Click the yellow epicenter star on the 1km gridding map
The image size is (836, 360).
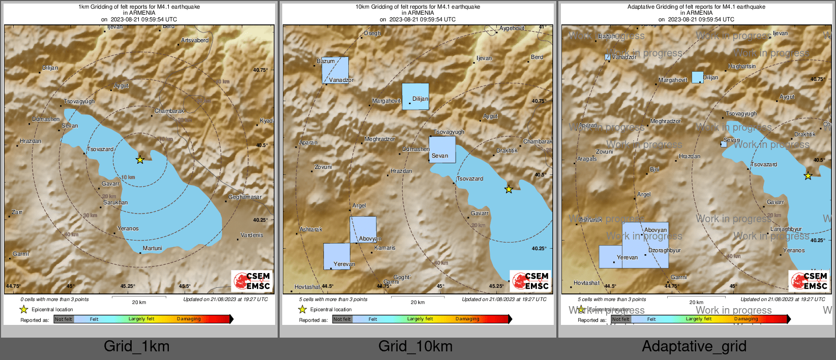pos(140,160)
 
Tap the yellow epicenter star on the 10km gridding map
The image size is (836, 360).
pos(509,189)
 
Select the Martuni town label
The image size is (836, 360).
pos(153,248)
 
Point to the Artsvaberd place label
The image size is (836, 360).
pos(195,40)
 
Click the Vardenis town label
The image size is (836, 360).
pos(252,235)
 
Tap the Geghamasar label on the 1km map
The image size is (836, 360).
pos(245,197)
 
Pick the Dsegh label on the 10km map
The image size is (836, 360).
pos(372,33)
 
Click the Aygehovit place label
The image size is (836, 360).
pos(512,28)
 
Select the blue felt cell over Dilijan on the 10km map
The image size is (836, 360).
pos(415,97)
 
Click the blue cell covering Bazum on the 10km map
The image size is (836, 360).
pos(335,70)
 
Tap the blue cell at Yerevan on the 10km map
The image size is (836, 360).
pos(337,256)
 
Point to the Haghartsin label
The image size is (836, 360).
pos(741,66)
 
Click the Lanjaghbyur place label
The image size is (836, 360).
pos(786,229)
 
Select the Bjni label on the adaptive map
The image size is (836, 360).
pos(654,169)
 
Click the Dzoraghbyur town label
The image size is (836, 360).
pos(664,250)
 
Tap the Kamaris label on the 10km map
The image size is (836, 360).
pos(384,248)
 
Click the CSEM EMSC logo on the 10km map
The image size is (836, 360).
pos(530,281)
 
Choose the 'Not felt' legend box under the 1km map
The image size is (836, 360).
pos(64,319)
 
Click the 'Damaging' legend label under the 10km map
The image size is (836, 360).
pos(467,319)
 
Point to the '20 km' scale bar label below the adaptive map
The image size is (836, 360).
pos(696,302)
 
